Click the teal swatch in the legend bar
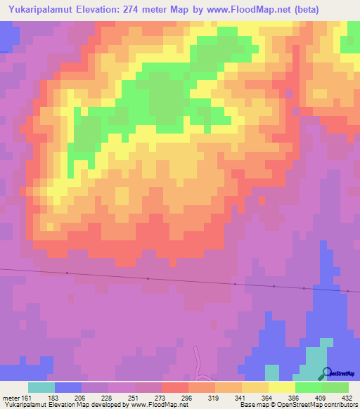[x=41, y=387]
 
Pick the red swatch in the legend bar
[x=175, y=387]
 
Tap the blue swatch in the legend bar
[x=68, y=387]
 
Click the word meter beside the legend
[x=11, y=397]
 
